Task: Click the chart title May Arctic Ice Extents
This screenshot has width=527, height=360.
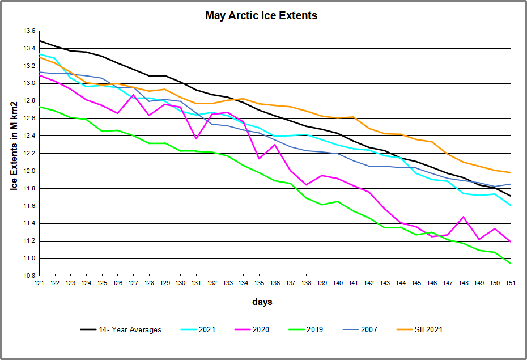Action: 261,16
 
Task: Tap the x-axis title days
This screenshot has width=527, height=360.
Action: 262,302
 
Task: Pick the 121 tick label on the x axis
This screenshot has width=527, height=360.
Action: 39,283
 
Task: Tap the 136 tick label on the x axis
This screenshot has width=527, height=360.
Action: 275,283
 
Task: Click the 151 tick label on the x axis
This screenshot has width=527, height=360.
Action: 511,283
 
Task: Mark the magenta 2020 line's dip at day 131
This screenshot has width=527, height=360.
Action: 196,139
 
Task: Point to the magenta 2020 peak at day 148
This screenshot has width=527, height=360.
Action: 464,217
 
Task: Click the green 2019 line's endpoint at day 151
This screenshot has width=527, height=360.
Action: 511,264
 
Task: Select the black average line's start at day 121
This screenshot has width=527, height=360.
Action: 39,41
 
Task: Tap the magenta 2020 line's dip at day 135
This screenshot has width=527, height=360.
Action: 259,159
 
